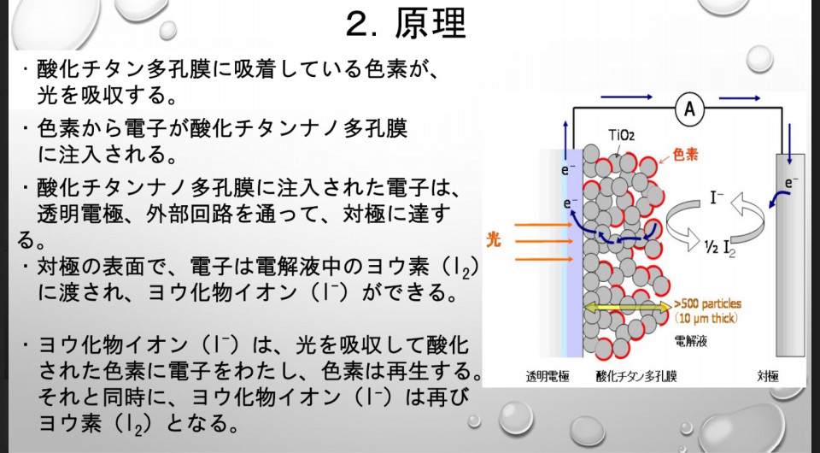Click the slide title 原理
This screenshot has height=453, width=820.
(x=430, y=24)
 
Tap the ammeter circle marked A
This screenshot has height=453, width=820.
(x=689, y=109)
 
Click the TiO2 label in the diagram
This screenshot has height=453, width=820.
(x=621, y=136)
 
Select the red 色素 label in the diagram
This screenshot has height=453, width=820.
(x=685, y=155)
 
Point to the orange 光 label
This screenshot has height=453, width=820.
(x=493, y=239)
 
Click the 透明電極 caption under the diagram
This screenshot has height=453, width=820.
(x=547, y=376)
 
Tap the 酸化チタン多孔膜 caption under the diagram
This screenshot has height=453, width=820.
(x=636, y=376)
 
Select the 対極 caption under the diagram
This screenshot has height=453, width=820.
(x=768, y=376)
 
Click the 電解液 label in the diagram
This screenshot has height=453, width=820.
(x=691, y=342)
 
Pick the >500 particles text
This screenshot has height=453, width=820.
(x=707, y=304)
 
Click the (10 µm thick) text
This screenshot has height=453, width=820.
(x=706, y=317)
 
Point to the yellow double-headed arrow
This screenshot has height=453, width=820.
(x=627, y=307)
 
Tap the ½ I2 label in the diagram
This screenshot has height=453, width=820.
(x=720, y=247)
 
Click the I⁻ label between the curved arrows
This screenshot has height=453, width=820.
(x=717, y=197)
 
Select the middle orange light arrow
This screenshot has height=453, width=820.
(x=543, y=242)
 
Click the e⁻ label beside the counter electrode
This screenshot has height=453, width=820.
(x=791, y=183)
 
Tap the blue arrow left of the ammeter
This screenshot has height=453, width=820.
(x=626, y=97)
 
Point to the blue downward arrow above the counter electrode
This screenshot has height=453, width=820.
(x=789, y=137)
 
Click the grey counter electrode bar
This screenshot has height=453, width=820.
(x=790, y=256)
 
